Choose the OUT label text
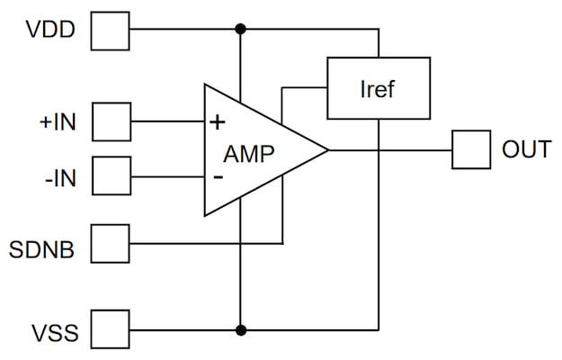pyautogui.click(x=525, y=148)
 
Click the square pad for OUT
pyautogui.click(x=468, y=149)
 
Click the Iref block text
pyautogui.click(x=377, y=89)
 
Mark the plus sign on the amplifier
pyautogui.click(x=216, y=120)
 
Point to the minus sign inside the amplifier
pyautogui.click(x=217, y=176)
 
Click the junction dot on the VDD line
pyautogui.click(x=240, y=30)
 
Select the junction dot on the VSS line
pyautogui.click(x=240, y=329)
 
